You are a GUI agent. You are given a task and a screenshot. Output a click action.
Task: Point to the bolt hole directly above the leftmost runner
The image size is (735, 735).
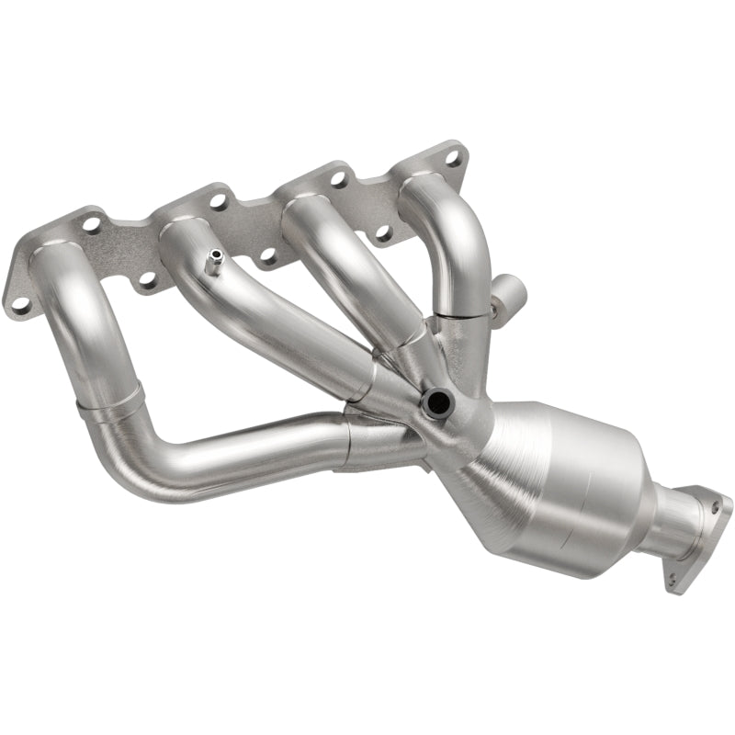92,223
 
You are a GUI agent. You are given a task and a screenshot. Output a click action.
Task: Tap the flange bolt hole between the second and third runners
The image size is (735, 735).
268,255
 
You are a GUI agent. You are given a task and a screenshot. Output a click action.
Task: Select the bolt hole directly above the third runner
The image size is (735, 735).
337,177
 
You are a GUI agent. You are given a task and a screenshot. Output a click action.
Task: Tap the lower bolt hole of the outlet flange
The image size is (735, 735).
675,579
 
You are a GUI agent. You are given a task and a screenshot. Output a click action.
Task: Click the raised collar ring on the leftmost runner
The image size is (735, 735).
110,404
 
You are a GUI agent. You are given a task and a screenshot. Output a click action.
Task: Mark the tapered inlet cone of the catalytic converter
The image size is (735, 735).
478,469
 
